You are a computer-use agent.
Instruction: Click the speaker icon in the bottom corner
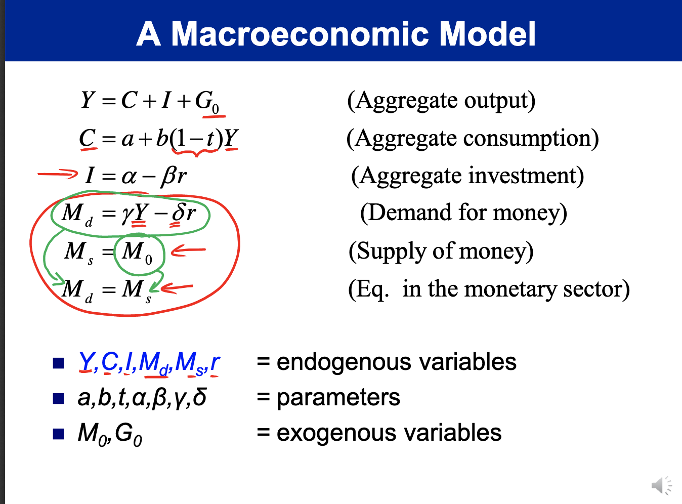[x=660, y=485]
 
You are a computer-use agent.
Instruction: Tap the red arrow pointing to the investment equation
[x=58, y=175]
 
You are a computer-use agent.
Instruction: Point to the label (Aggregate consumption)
[x=472, y=138]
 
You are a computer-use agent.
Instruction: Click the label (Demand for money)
[x=463, y=213]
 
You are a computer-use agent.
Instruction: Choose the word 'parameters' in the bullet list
[x=338, y=397]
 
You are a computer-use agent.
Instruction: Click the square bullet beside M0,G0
[x=59, y=434]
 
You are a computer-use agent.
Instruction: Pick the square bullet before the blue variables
[x=59, y=363]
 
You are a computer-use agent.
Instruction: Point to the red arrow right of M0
[x=188, y=250]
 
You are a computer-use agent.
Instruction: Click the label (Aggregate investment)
[x=467, y=176]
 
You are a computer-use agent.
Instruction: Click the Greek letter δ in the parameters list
[x=199, y=397]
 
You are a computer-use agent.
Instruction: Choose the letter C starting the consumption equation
[x=88, y=138]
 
